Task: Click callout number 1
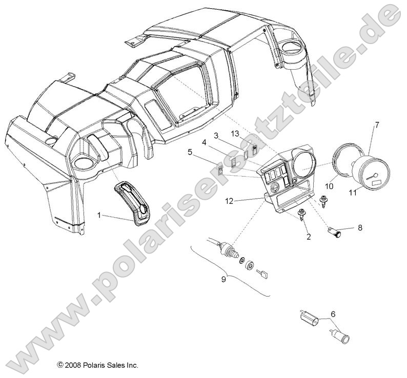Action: tap(99, 216)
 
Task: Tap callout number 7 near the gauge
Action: tap(377, 124)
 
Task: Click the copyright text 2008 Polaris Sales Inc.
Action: tap(98, 366)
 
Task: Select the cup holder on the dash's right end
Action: tap(293, 51)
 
